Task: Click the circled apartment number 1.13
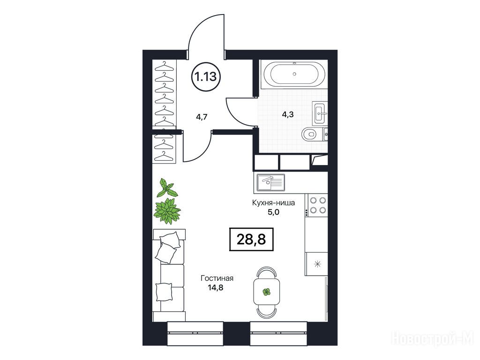206,76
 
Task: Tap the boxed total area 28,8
251,240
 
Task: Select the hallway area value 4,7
202,117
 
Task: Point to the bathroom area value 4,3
288,114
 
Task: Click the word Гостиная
217,278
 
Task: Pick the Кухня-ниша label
273,202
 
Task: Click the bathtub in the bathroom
294,74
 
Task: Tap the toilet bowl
309,134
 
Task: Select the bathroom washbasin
319,113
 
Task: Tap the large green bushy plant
167,211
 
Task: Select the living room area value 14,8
215,287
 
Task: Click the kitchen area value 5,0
274,212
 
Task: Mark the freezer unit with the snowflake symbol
316,263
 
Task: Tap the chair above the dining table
266,272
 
